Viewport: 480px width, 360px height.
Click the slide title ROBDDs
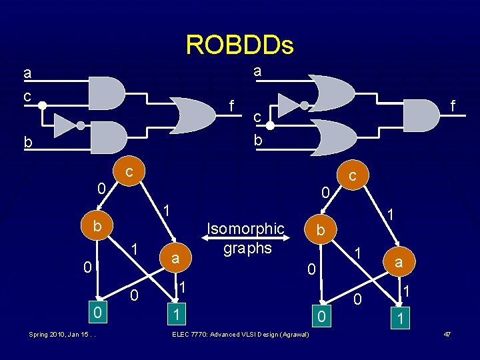239,45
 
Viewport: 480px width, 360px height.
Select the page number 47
447,333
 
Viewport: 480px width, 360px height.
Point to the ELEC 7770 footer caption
240,333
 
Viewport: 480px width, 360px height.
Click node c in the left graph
131,173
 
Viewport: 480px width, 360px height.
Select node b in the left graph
97,226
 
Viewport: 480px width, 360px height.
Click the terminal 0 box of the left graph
97,311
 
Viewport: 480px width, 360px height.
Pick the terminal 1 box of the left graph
175,312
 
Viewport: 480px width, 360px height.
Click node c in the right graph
354,176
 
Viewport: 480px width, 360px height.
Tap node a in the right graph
399,263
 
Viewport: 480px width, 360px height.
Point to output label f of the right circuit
453,106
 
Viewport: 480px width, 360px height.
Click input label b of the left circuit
27,143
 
